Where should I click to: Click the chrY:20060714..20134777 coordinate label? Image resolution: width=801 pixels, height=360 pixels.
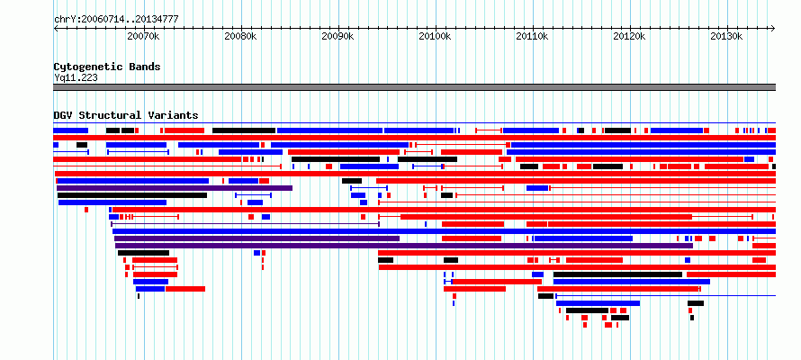116,20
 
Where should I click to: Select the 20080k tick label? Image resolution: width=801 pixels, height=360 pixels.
240,37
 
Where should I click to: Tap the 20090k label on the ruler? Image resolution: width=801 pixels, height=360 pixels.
338,37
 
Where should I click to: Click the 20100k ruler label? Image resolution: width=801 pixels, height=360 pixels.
436,37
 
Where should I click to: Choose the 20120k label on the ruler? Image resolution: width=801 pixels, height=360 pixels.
630,37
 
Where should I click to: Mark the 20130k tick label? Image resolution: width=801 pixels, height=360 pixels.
727,37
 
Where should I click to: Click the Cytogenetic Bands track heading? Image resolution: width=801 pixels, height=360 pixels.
107,67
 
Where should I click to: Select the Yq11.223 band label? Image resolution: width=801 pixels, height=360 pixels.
76,77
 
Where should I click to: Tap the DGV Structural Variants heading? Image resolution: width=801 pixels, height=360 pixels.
126,115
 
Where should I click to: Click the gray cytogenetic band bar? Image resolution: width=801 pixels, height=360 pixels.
414,87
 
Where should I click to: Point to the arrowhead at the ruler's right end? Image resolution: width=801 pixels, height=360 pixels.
773,29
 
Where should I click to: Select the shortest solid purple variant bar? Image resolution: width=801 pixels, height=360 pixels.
175,188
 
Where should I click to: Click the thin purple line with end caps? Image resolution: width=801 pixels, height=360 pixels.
245,224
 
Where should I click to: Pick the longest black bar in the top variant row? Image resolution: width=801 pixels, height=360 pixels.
244,130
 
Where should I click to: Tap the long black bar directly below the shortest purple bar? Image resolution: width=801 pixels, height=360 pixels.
132,195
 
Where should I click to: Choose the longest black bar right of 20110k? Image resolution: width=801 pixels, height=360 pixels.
617,274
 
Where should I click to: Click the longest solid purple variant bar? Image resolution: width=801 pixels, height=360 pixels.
403,246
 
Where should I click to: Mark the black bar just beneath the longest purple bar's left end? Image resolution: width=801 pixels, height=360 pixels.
143,253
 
